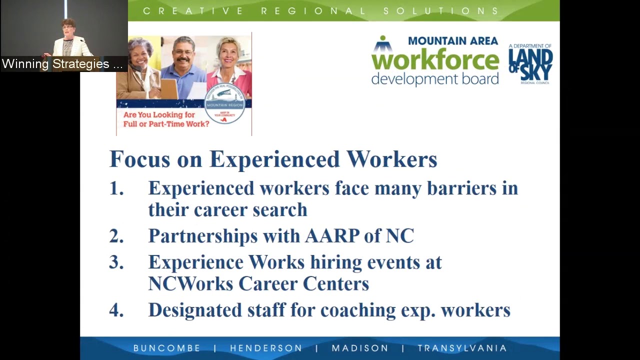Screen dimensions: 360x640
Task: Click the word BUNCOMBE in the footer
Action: click(166, 348)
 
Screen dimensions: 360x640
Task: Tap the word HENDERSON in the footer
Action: click(266, 348)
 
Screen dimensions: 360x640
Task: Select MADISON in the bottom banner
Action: click(360, 348)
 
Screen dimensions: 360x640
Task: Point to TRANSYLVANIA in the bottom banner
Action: click(462, 348)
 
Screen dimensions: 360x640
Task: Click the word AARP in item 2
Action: click(332, 235)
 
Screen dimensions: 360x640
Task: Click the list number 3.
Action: click(116, 262)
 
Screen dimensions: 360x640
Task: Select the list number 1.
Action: click(116, 188)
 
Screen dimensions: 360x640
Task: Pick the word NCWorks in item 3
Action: click(190, 283)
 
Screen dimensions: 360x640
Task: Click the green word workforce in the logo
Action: click(435, 60)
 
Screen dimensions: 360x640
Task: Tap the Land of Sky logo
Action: click(530, 64)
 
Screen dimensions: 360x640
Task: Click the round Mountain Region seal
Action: click(224, 103)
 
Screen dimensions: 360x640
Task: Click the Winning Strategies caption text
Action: click(62, 64)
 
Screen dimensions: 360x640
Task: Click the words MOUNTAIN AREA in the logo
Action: click(453, 41)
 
